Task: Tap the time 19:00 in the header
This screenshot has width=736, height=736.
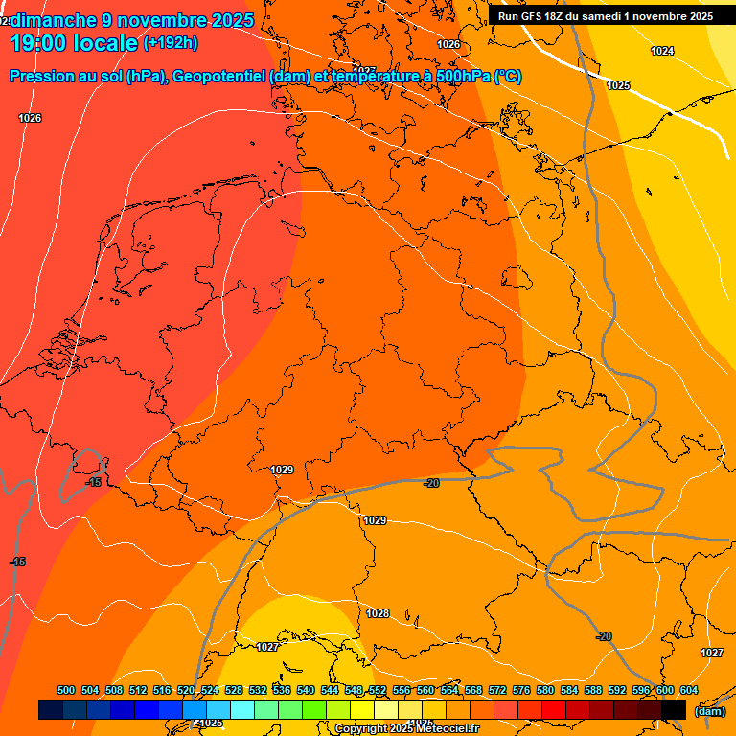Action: [x=38, y=43]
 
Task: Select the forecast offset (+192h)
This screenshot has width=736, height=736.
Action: [x=171, y=43]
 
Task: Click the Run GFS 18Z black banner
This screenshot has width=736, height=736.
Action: [x=605, y=16]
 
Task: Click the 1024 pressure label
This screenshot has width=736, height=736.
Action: [x=662, y=51]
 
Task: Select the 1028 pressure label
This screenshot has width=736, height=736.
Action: [x=378, y=613]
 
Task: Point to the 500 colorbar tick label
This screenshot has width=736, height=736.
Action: [x=66, y=691]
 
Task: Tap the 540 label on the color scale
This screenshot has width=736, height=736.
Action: [x=306, y=691]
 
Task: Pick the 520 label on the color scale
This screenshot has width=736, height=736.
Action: [x=186, y=691]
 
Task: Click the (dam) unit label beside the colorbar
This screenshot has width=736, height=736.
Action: [x=710, y=711]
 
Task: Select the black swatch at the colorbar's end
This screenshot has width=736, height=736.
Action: [x=674, y=709]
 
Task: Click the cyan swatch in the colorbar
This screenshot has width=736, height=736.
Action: [x=242, y=709]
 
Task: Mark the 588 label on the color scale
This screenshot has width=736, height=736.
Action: [x=593, y=691]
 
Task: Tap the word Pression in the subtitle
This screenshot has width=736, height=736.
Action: [x=40, y=77]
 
